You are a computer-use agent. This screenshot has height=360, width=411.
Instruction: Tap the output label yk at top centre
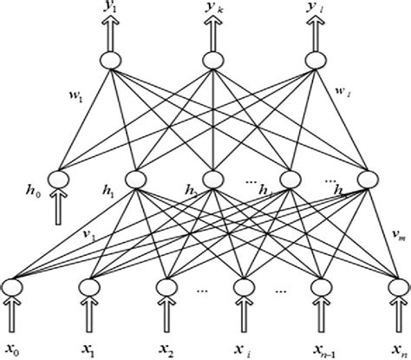(x=211, y=11)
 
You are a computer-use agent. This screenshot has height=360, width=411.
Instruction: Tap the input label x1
(x=90, y=350)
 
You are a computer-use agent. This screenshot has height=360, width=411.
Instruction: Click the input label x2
(x=166, y=350)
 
